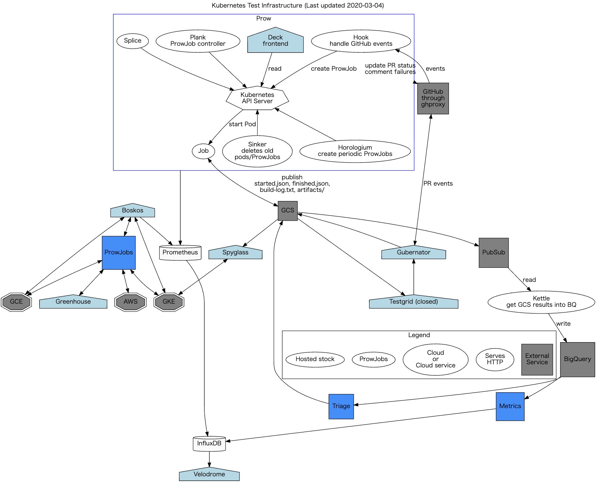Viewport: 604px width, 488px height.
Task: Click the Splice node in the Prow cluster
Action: [133, 41]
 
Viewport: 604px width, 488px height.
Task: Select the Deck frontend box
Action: [275, 41]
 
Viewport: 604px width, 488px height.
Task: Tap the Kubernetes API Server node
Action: [257, 98]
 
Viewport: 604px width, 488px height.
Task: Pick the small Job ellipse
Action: [203, 151]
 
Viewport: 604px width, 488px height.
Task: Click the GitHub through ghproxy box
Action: [433, 98]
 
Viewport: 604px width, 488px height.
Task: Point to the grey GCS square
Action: [287, 211]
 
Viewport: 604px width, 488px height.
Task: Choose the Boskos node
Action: [132, 211]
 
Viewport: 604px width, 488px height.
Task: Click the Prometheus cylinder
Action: [180, 253]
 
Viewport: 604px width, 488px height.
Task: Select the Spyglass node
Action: [235, 253]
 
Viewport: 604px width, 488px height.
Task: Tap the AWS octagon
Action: [130, 302]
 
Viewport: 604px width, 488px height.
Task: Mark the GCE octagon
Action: [16, 302]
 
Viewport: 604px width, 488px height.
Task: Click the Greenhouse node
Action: [73, 302]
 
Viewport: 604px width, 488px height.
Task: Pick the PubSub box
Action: [493, 253]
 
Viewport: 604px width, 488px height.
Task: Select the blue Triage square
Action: [341, 406]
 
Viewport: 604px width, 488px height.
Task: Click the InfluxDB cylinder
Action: [209, 443]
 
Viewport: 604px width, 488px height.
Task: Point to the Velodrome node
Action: [209, 474]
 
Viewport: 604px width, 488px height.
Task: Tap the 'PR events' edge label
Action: [438, 184]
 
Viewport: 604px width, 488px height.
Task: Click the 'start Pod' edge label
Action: [242, 124]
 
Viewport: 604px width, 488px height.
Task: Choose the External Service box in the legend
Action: [537, 359]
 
